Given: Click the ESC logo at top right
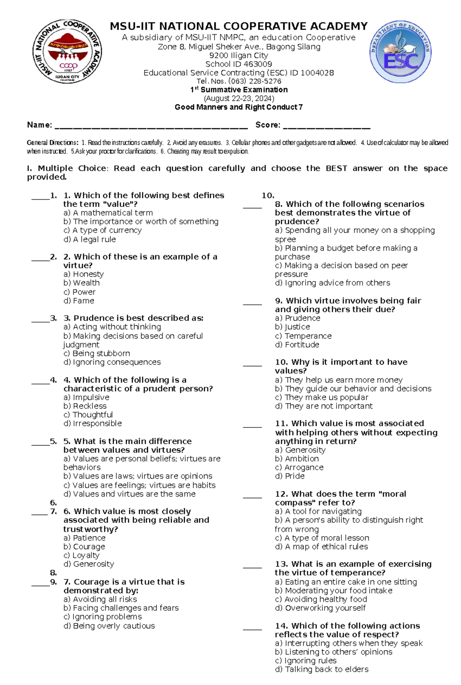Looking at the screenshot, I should [x=400, y=52].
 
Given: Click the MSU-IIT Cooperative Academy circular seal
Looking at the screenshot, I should [x=67, y=52].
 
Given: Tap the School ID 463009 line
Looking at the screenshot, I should [x=239, y=64].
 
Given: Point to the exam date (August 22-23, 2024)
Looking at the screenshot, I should [x=239, y=98].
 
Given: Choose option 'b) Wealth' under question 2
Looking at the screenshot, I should [x=81, y=283].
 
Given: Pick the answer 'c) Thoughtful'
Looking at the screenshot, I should [x=88, y=415].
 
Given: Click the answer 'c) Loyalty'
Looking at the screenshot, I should [x=81, y=555].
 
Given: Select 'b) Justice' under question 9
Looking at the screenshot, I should [x=292, y=327].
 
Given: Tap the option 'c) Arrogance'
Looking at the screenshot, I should [x=299, y=467].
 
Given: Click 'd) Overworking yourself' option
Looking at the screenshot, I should [x=320, y=608].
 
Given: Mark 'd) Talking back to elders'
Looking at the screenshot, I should [x=322, y=670].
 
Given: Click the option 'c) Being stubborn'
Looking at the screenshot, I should [x=96, y=353].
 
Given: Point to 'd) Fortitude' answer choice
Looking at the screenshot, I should [x=297, y=345].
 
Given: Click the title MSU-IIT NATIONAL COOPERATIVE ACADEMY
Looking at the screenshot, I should [x=239, y=27].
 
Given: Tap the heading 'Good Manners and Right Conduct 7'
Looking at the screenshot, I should [x=239, y=107].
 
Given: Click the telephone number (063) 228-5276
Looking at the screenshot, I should [x=254, y=81].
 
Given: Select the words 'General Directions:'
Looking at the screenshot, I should [x=52, y=143].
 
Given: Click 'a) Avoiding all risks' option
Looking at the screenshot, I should [x=100, y=599].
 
